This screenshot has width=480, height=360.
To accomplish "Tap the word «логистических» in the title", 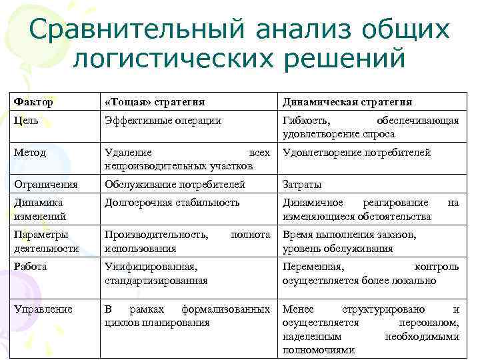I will tap(165, 58).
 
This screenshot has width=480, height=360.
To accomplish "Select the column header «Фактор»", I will tap(33, 102).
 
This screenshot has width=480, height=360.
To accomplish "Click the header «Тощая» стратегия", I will tap(154, 102).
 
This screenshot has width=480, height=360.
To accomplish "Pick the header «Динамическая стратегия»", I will tap(347, 102).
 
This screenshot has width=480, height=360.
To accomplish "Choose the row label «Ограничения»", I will tap(45, 184).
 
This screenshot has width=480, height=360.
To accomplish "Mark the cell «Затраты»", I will tap(302, 184).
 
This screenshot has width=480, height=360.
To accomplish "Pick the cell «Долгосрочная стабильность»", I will tap(171, 202).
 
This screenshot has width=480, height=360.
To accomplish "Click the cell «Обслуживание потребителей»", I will tap(175, 184).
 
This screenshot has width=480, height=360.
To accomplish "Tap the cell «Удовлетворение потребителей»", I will tap(357, 152).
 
